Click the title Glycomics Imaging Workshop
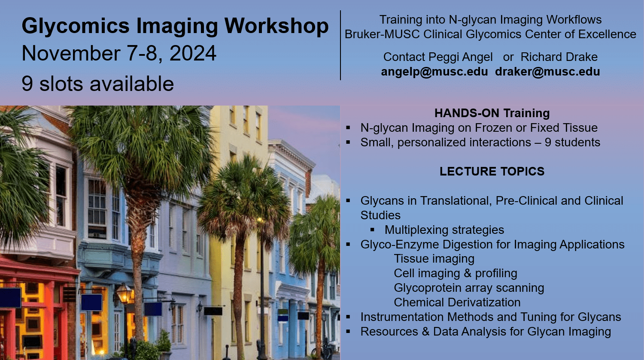pos(175,26)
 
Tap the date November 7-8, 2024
pos(119,54)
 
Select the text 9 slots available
pos(97,84)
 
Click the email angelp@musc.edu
pos(434,72)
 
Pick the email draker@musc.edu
pos(547,72)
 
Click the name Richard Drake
pos(559,57)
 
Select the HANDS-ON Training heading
pos(492,113)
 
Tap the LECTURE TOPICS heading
pos(492,172)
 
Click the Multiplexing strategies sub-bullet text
pos(444,230)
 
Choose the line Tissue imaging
pos(434,259)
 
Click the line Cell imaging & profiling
pos(456,273)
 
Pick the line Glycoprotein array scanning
pos(469,288)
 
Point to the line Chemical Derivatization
pos(457,303)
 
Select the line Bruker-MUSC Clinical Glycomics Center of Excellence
pos(490,34)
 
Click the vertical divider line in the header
pos(340,45)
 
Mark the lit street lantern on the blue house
pos(124,293)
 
